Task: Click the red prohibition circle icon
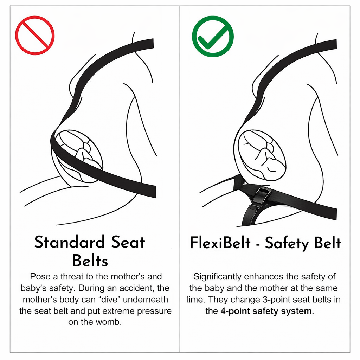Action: (x=34, y=35)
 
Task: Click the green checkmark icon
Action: (x=212, y=36)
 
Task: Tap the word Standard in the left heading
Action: (x=70, y=243)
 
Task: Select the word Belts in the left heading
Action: (x=90, y=261)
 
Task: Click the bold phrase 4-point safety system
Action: (x=266, y=311)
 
